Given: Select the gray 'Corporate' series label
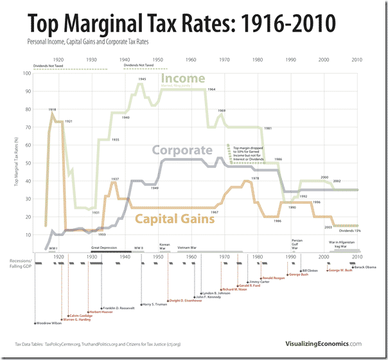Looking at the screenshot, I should pos(181,151).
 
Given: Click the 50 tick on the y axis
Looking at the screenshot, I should pos(28,163).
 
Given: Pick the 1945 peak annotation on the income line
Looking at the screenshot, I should pos(141,78).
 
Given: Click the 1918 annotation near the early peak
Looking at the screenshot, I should pos(52,110).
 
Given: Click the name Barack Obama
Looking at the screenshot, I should pos(366,266).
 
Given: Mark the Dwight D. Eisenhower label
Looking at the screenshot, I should pos(186,300).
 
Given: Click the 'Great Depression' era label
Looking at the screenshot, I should pos(104,247).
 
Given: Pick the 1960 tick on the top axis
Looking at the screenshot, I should pos(191,59).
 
